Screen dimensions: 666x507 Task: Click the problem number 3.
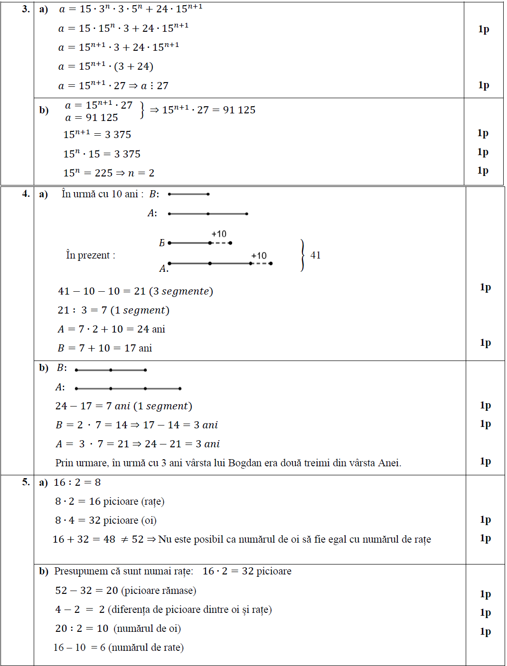click(26, 9)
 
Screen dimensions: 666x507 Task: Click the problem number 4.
click(26, 194)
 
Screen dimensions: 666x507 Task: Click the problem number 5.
click(26, 482)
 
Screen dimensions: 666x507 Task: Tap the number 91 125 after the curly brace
click(239, 110)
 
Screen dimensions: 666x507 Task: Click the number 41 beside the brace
click(316, 255)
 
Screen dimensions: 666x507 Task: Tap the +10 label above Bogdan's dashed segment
click(219, 234)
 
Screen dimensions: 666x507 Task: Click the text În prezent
click(90, 255)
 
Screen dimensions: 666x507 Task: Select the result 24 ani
click(151, 329)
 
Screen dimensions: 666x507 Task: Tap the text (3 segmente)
click(181, 291)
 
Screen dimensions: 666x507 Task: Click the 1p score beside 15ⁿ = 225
click(483, 171)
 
